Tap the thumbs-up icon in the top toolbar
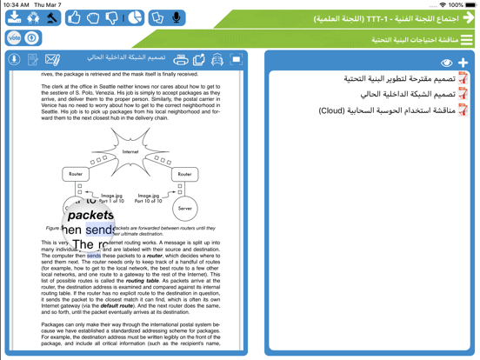[x=75, y=17]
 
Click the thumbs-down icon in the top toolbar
[x=112, y=17]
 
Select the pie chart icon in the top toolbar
[x=136, y=17]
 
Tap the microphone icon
[x=177, y=17]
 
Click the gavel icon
[x=52, y=17]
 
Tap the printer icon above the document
[x=181, y=59]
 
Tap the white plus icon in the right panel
[x=463, y=63]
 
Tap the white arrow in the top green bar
[x=468, y=17]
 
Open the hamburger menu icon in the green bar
[x=468, y=40]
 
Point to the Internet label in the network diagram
[x=130, y=151]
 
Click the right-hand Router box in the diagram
[x=184, y=174]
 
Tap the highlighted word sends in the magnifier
[x=99, y=230]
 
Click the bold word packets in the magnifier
[x=91, y=215]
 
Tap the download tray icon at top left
[x=14, y=17]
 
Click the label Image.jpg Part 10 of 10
[x=148, y=198]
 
